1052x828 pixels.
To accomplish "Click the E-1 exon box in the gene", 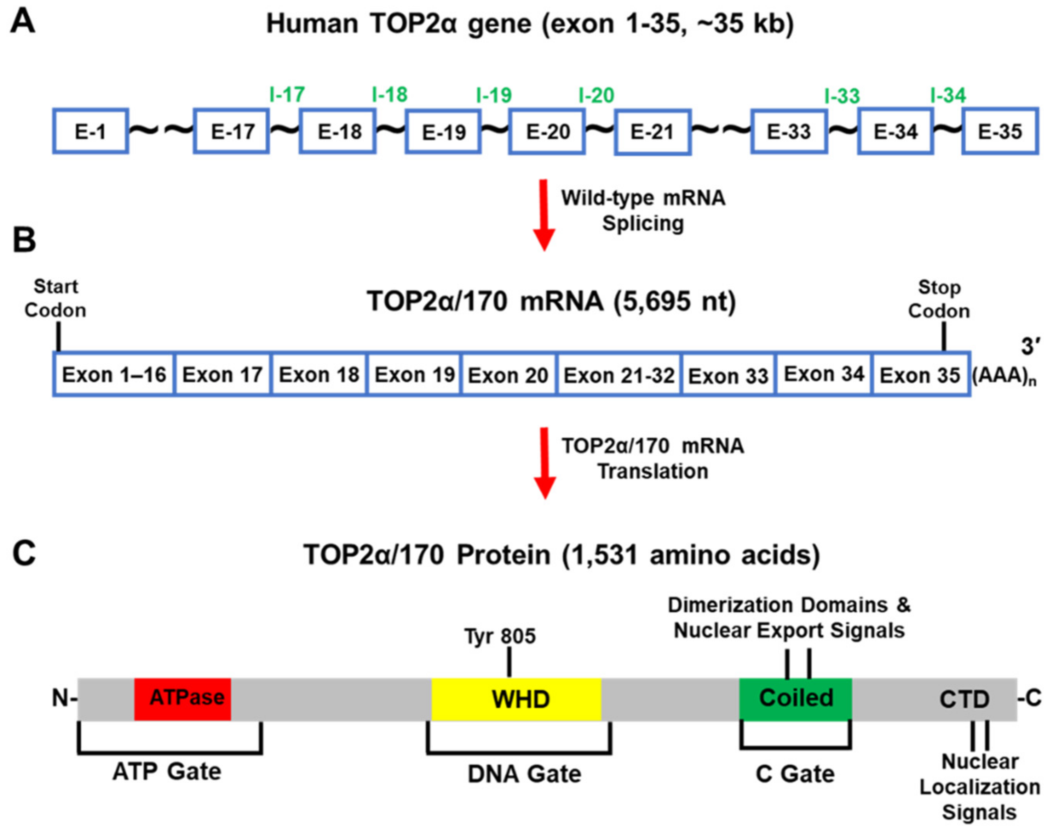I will pos(90,132).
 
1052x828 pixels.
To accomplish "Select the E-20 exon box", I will pos(547,132).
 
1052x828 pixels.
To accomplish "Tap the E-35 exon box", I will pos(1000,132).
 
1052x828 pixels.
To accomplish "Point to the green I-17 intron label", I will pos(287,95).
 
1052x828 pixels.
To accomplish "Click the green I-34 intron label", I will pos(948,95).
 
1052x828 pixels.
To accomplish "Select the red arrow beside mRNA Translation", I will pos(544,462).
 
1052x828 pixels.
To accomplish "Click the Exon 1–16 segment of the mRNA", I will pos(114,374).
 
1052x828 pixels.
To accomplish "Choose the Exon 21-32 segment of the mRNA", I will pos(619,375).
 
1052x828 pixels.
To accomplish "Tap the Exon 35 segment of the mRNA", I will pos(920,375).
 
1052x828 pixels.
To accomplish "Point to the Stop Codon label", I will pos(939,300).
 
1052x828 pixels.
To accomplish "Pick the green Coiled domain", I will pos(795,698).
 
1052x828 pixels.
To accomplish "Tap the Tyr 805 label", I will pos(500,637).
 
